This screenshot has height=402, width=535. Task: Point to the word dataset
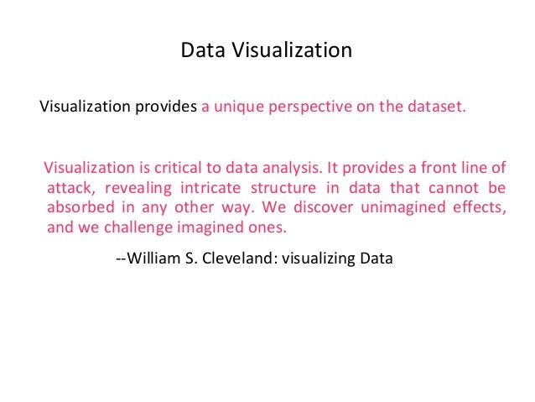click(432, 107)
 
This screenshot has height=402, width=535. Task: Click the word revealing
click(138, 186)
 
